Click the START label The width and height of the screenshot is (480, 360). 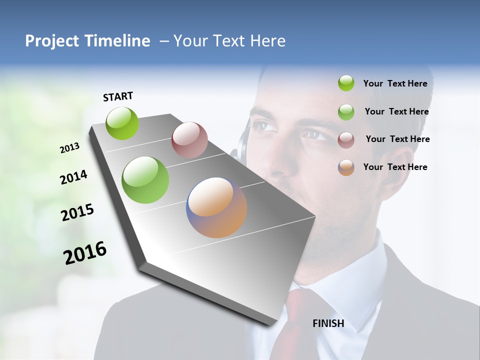tap(118, 96)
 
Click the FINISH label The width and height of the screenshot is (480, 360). tap(328, 323)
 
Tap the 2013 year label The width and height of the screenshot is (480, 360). tap(69, 148)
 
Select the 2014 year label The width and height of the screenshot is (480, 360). tap(73, 177)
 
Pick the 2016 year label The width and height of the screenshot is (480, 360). tap(85, 252)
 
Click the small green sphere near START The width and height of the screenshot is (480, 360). tap(122, 123)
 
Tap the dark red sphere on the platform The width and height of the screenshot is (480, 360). tap(189, 139)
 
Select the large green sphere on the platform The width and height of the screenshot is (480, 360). tap(145, 180)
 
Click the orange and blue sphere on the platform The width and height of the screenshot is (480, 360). tap(216, 207)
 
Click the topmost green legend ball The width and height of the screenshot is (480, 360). tap(346, 83)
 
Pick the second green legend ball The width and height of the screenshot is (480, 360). tap(346, 112)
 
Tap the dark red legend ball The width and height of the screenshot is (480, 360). tap(346, 139)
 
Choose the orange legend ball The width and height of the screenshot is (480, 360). tap(346, 167)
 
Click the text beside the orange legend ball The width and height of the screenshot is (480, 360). tap(395, 167)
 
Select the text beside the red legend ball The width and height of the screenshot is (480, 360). tap(397, 139)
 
